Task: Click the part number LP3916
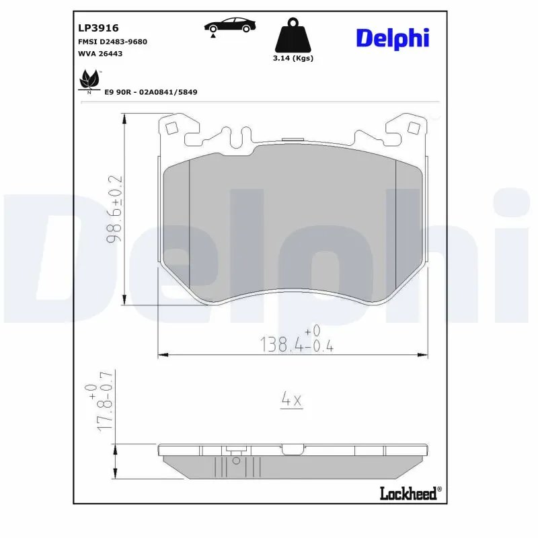(x=99, y=28)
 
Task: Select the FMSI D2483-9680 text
(x=113, y=42)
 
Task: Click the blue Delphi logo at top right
(x=392, y=38)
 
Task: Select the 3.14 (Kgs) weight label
(x=293, y=58)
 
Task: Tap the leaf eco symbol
(x=88, y=81)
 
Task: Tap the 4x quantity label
(x=291, y=400)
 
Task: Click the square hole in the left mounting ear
(x=170, y=128)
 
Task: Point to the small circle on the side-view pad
(x=235, y=461)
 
